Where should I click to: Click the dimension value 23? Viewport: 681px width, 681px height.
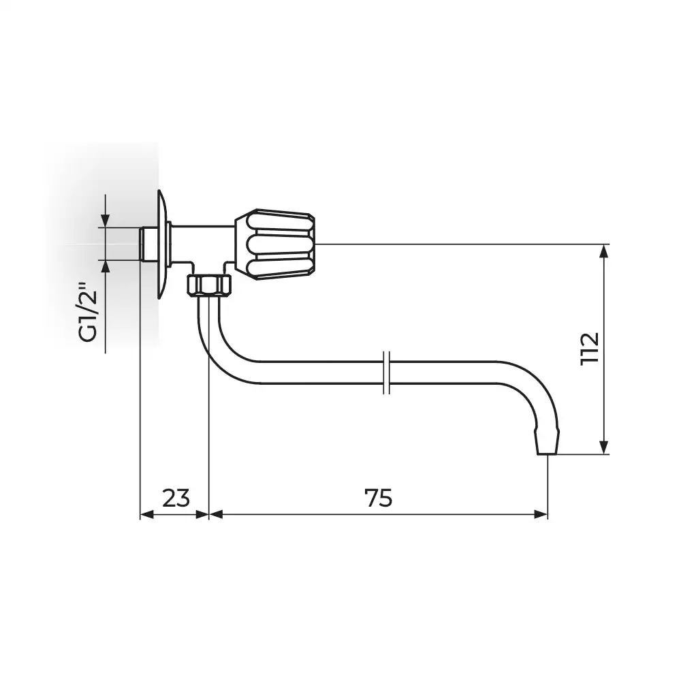coord(176,498)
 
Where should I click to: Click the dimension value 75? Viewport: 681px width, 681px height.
coord(378,498)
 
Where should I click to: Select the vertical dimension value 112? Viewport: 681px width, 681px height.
coord(590,349)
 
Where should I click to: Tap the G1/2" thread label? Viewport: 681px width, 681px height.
coord(89,312)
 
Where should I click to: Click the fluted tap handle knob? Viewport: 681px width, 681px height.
coord(275,244)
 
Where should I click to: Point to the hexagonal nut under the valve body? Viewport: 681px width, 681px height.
coord(209,285)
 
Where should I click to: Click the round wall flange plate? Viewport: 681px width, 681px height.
coord(163,244)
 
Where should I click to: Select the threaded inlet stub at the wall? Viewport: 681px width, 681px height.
coord(148,244)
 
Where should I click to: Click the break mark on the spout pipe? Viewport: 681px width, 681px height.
coord(387,373)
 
